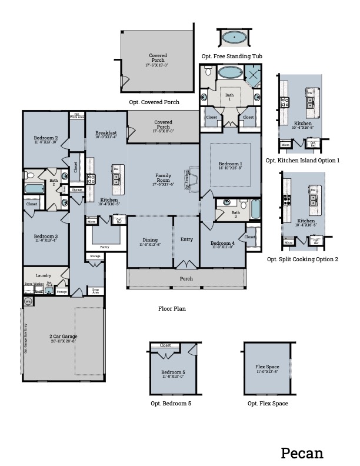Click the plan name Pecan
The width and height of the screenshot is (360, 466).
(x=302, y=452)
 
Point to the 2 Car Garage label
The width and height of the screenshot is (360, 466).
(x=63, y=337)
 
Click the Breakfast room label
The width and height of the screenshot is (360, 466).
(x=106, y=133)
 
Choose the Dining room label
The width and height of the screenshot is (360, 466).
(x=150, y=239)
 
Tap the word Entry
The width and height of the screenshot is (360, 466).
(x=186, y=239)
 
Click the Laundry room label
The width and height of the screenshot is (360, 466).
(x=44, y=275)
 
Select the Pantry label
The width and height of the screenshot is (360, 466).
(x=105, y=247)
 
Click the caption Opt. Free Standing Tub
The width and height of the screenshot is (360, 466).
(x=232, y=56)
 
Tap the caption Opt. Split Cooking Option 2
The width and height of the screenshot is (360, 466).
(x=303, y=259)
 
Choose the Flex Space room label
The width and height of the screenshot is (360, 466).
(x=267, y=369)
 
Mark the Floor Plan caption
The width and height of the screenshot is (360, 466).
(x=172, y=308)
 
